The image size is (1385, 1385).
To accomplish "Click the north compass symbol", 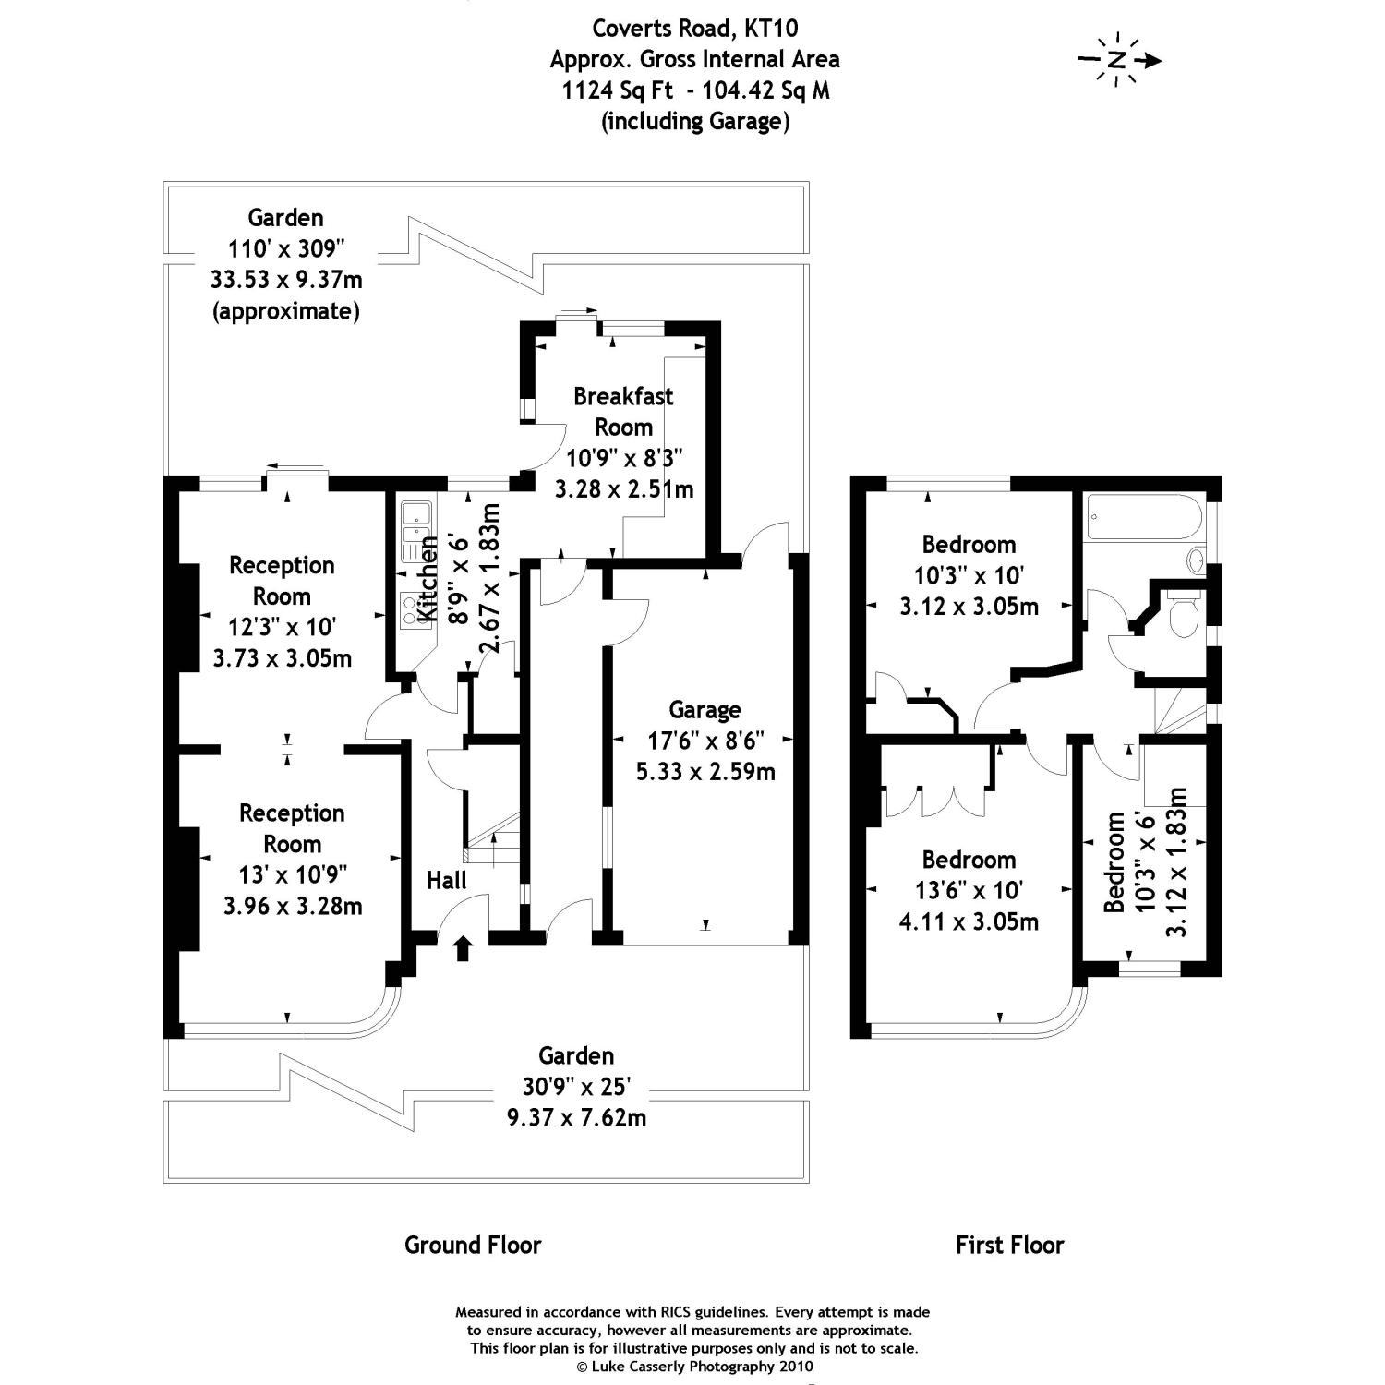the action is [x=1119, y=61].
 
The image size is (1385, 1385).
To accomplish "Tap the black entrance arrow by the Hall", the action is [x=463, y=948].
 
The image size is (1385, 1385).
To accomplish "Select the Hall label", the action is [x=446, y=881].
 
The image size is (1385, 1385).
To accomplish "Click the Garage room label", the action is [x=705, y=710].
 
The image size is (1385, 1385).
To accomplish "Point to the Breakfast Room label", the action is [x=623, y=412].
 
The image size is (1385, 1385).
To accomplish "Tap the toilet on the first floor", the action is [x=1183, y=615].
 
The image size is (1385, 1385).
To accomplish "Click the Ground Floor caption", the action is [x=473, y=1245].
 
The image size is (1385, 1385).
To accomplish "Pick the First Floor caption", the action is [x=1009, y=1246].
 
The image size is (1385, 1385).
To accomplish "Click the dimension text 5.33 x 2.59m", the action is [x=705, y=771].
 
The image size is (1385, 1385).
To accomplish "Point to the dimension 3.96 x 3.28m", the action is [x=293, y=906].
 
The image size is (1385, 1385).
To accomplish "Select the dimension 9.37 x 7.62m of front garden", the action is [x=576, y=1117].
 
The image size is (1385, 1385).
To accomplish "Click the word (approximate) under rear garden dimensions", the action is [x=286, y=311].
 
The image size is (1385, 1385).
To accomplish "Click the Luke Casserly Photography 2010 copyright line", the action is [x=693, y=1367].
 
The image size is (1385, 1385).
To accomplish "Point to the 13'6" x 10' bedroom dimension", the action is [x=969, y=891].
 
